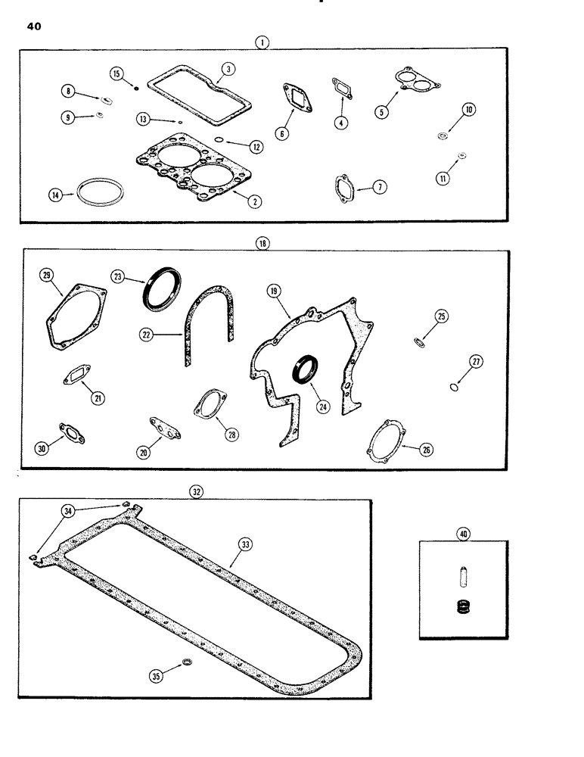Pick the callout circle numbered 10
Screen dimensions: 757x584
click(469, 111)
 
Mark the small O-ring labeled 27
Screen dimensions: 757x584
click(453, 389)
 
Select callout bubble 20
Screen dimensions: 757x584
click(143, 452)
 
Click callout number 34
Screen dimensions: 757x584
click(70, 512)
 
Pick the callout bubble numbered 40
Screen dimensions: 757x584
click(462, 534)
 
